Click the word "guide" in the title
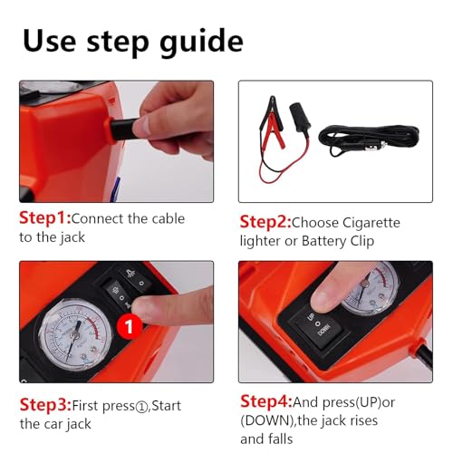pyautogui.click(x=201, y=43)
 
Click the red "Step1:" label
pyautogui.click(x=45, y=217)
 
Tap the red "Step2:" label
pyautogui.click(x=265, y=222)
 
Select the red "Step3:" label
pyautogui.click(x=45, y=405)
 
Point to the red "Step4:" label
pyautogui.click(x=266, y=401)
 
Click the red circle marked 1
pyautogui.click(x=129, y=326)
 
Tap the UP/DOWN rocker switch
pyautogui.click(x=318, y=327)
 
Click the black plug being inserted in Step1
pyautogui.click(x=125, y=130)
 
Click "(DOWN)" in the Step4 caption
pyautogui.click(x=267, y=420)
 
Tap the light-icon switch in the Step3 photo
pyautogui.click(x=135, y=278)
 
